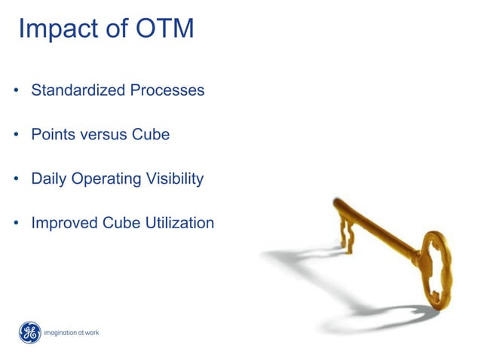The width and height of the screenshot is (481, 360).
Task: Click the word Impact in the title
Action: click(57, 29)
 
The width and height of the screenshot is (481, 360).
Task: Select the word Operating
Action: click(106, 179)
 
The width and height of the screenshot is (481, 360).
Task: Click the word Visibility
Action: click(175, 179)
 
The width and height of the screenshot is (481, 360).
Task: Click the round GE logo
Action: click(29, 332)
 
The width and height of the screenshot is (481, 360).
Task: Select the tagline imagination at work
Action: click(72, 333)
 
